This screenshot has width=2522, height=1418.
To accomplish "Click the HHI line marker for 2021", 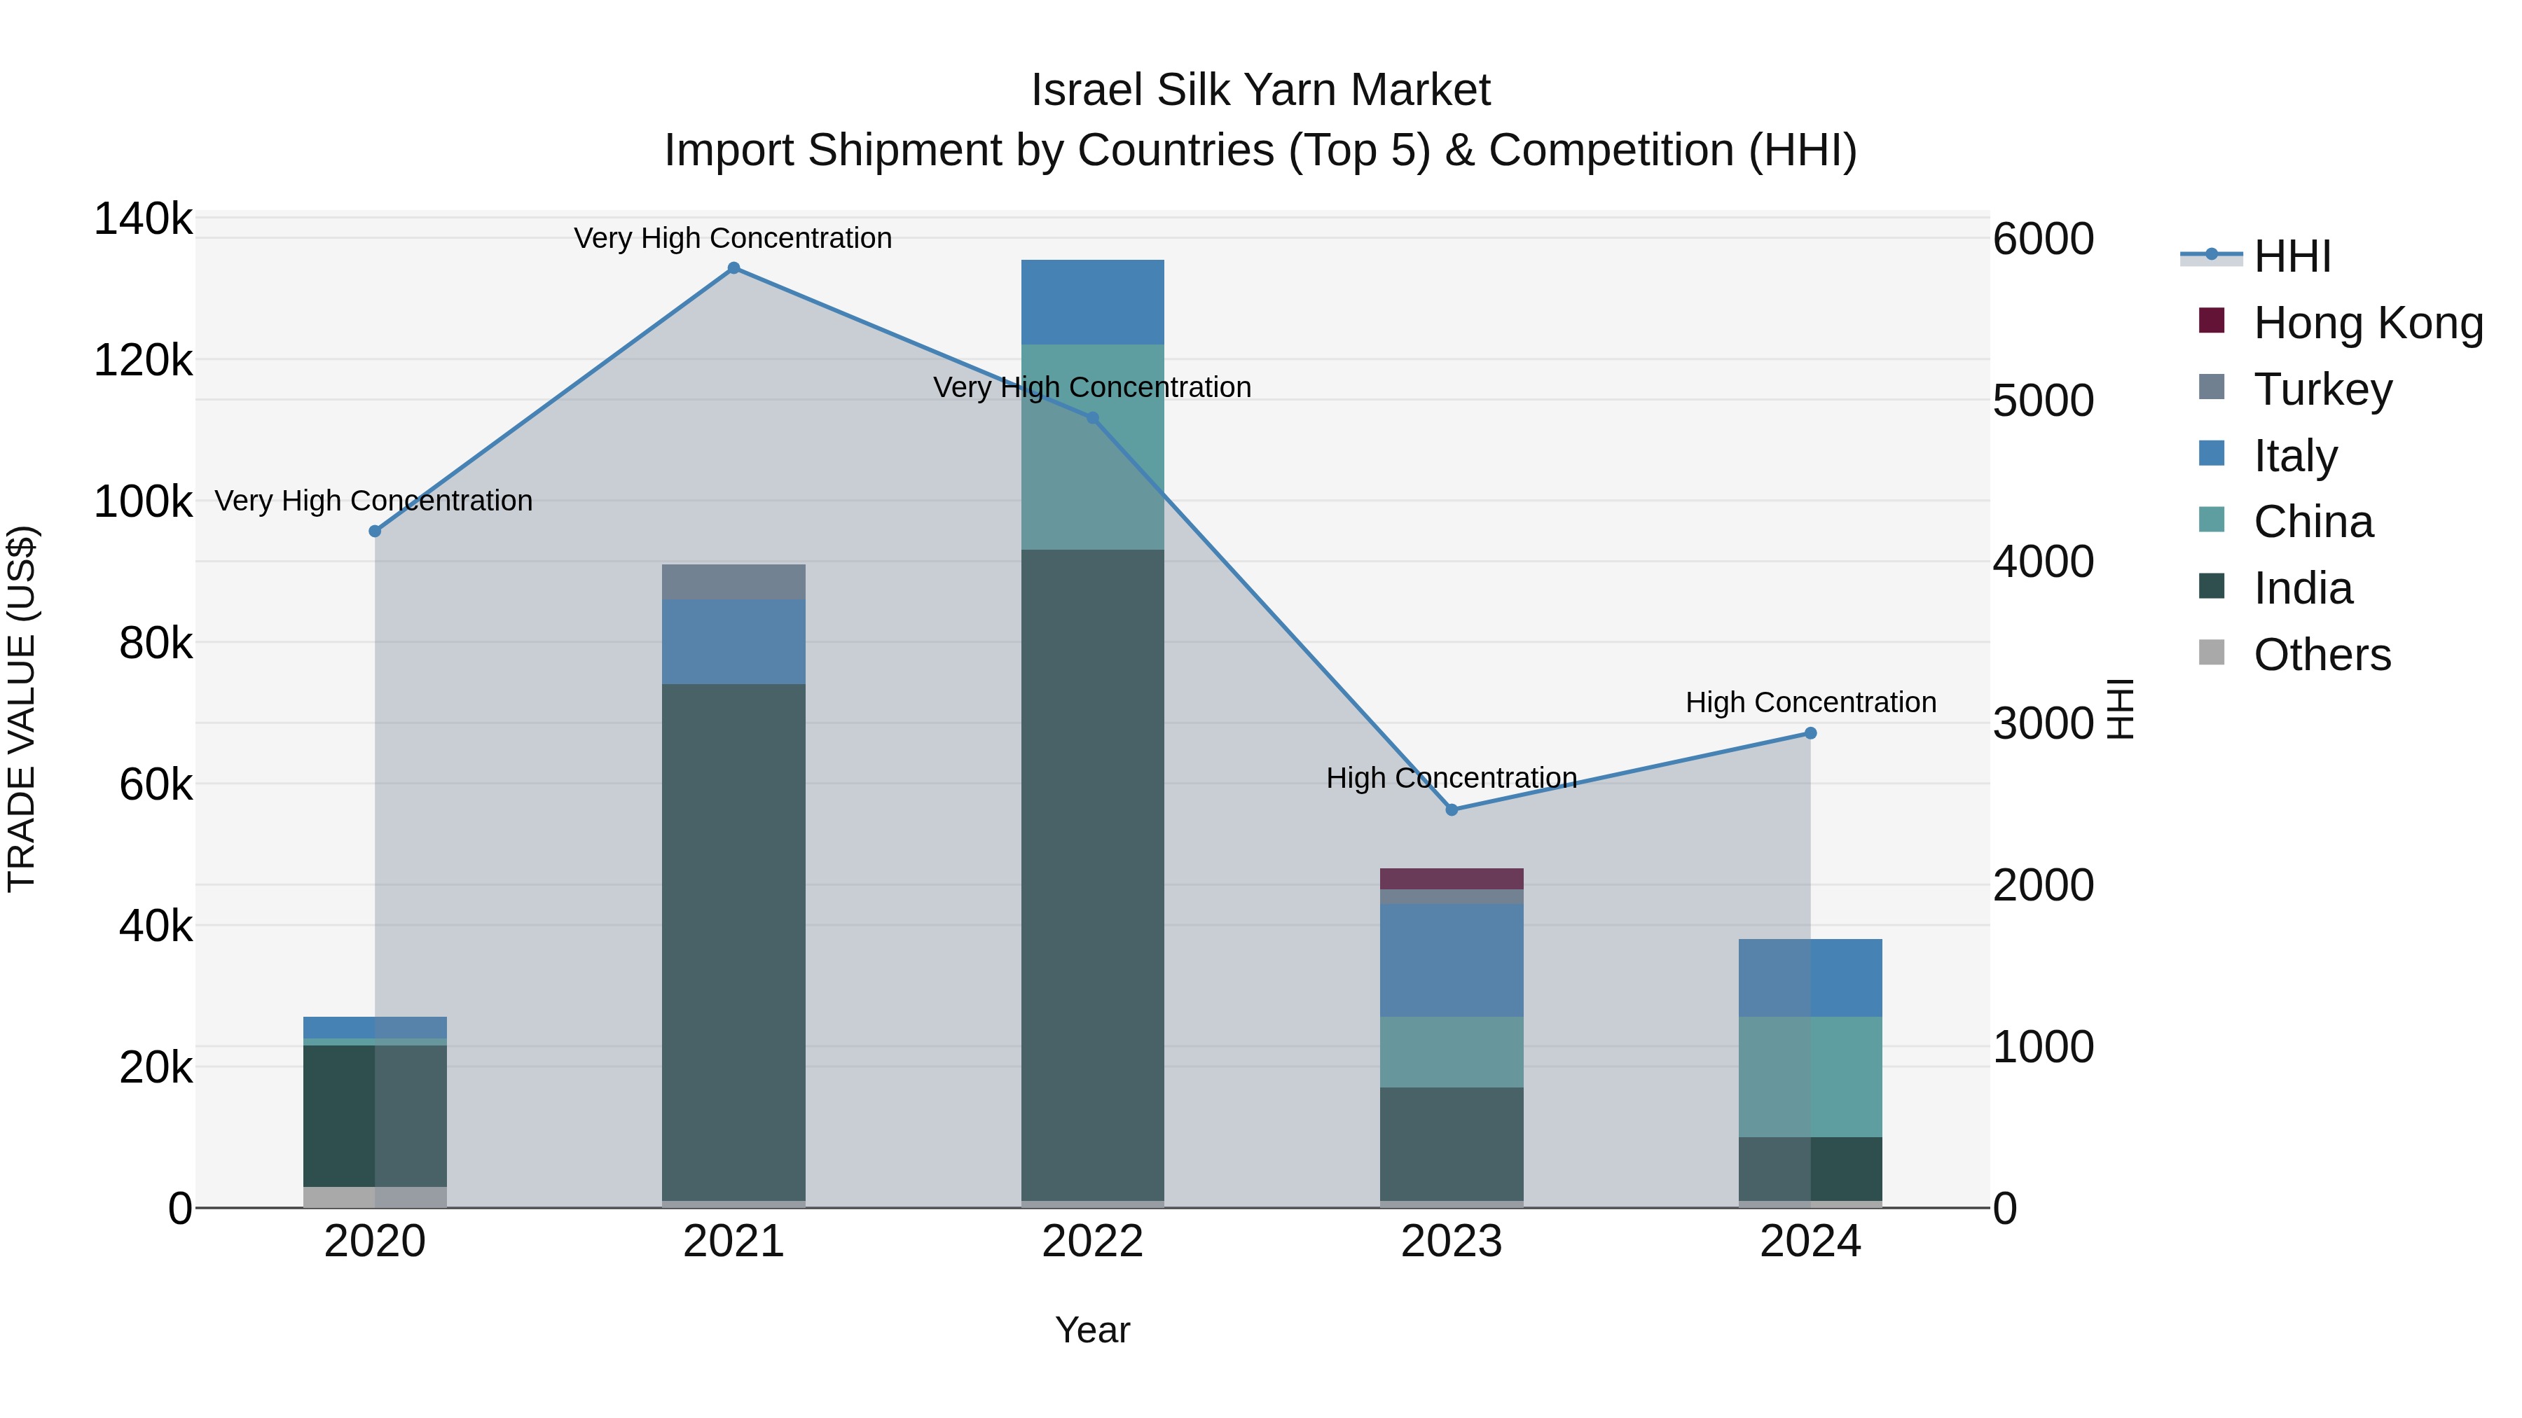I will click(x=733, y=268).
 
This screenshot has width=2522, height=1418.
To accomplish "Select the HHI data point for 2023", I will click(x=1451, y=809).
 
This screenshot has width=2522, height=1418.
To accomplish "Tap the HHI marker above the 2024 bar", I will click(x=1810, y=733).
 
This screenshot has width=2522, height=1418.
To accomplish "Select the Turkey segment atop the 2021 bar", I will click(x=733, y=581).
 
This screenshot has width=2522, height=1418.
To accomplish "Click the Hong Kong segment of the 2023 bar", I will click(x=1451, y=878).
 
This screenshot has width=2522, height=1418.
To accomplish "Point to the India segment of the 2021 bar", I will click(x=733, y=940).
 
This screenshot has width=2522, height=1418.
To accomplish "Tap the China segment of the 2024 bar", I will click(x=1810, y=1076).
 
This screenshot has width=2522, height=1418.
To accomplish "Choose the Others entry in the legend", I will click(x=2322, y=655).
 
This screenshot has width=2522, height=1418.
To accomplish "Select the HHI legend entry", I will click(x=2291, y=256).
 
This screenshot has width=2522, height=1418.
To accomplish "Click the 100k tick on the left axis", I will click(x=143, y=502).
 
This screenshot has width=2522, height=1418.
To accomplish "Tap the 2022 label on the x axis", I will click(x=1093, y=1242).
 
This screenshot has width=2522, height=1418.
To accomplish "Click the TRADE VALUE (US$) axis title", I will click(x=22, y=709).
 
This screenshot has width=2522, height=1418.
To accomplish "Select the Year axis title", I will click(x=1093, y=1330).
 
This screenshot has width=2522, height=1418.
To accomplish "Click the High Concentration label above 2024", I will click(x=1810, y=702).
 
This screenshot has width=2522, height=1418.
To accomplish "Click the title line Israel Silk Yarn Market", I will click(x=1260, y=90).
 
